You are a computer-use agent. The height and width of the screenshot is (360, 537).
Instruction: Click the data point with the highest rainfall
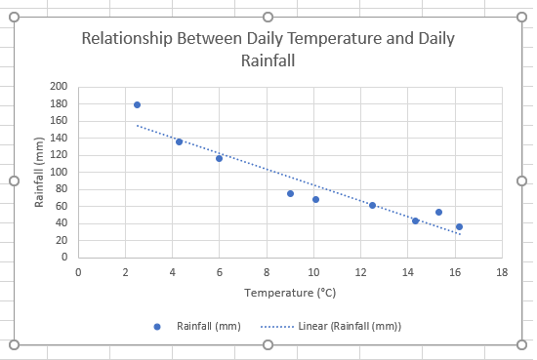[137, 104]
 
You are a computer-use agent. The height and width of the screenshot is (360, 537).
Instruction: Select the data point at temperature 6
[219, 158]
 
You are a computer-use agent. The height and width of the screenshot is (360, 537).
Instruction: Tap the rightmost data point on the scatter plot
[459, 226]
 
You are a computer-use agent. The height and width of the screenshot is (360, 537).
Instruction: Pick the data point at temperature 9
[290, 193]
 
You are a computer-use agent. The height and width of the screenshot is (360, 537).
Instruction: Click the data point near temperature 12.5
[372, 205]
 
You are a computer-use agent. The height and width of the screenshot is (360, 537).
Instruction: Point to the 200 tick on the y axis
[60, 87]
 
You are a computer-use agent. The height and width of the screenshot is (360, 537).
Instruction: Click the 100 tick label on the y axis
[60, 172]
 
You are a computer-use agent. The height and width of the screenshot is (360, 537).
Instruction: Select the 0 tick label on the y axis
[63, 258]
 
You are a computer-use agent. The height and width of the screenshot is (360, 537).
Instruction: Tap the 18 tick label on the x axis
[501, 272]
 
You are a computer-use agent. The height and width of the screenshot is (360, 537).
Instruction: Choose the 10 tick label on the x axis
[312, 272]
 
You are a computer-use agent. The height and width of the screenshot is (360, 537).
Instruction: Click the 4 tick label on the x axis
[172, 272]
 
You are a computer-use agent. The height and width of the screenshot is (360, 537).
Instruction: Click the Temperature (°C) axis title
[289, 292]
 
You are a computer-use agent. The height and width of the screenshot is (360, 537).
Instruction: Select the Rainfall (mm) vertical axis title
[40, 172]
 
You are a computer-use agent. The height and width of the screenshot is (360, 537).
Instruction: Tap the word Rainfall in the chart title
[268, 60]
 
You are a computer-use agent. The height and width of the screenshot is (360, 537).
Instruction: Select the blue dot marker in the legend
[157, 326]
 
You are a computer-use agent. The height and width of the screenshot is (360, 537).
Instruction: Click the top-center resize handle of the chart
[268, 18]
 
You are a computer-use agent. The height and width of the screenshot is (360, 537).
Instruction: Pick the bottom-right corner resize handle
[520, 344]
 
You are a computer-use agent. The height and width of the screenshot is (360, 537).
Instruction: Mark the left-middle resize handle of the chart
[15, 180]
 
